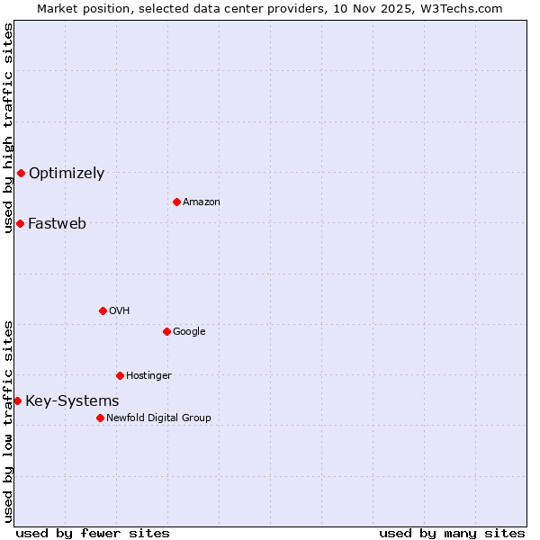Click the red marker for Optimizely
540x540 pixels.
click(21, 173)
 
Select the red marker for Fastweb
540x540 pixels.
click(20, 223)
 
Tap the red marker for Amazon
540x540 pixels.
click(176, 202)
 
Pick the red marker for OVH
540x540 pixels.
click(103, 310)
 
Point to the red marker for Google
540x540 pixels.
click(166, 331)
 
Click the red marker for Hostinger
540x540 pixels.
click(120, 375)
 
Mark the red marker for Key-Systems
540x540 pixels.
click(17, 400)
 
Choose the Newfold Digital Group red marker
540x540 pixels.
click(100, 418)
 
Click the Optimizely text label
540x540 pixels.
click(67, 174)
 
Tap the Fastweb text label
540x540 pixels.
click(58, 224)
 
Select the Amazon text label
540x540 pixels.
click(202, 202)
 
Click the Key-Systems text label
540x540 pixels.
click(72, 401)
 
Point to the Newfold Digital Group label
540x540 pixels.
click(158, 418)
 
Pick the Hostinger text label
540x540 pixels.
click(148, 376)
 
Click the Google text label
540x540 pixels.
click(189, 332)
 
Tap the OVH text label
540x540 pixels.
click(120, 311)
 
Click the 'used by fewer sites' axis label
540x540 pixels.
click(93, 533)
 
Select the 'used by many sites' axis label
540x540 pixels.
click(452, 533)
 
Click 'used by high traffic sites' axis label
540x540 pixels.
click(8, 128)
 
